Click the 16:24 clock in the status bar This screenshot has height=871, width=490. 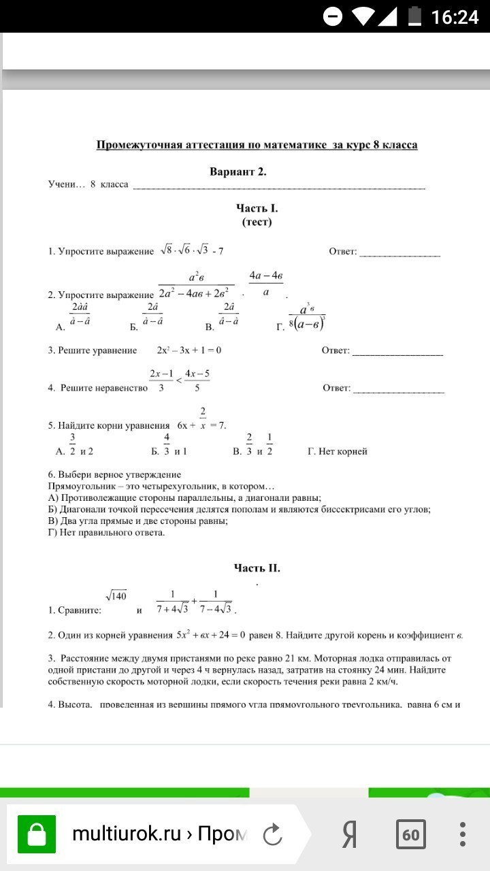455,16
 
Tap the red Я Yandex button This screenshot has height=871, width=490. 350,834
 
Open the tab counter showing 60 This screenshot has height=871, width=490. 410,834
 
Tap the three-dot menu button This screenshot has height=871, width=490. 463,834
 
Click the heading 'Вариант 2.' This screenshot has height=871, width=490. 238,172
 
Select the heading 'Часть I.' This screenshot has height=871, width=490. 257,209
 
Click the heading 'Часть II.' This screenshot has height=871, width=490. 257,568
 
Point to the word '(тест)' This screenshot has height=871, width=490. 257,222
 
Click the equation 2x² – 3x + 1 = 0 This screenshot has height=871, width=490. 189,350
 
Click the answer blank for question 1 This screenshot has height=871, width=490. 399,252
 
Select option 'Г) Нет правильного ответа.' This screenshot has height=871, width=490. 107,533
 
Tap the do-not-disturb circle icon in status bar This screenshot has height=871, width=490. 333,16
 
